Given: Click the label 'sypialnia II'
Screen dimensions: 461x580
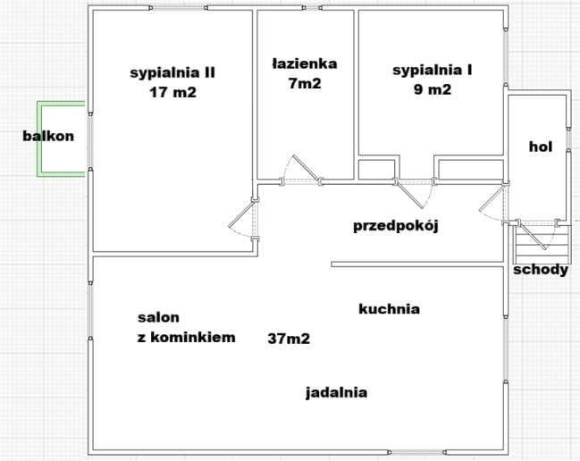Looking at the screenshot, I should click(x=172, y=72).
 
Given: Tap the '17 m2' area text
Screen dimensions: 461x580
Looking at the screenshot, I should click(x=172, y=91).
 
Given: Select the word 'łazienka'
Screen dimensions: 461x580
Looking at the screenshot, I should click(x=304, y=63).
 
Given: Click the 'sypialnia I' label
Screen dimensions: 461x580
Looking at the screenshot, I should click(x=433, y=70).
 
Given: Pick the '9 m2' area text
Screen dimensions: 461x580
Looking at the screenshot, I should click(x=433, y=89).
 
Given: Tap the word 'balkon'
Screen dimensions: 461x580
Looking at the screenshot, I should click(x=48, y=136).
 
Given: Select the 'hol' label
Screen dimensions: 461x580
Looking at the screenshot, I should click(x=540, y=147).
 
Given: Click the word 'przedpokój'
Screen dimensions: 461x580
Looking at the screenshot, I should click(x=396, y=224).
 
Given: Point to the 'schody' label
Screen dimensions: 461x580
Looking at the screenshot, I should click(x=540, y=269).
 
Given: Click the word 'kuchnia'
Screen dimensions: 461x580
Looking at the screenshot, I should click(x=389, y=309).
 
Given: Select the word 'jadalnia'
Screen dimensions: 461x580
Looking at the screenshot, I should click(x=336, y=391).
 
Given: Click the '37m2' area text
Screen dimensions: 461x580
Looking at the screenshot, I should click(x=289, y=339).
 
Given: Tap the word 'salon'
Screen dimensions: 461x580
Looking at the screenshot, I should click(x=158, y=317).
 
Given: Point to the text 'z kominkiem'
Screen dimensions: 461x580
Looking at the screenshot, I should click(x=186, y=337).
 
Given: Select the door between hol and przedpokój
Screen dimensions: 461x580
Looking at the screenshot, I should click(x=493, y=205).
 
